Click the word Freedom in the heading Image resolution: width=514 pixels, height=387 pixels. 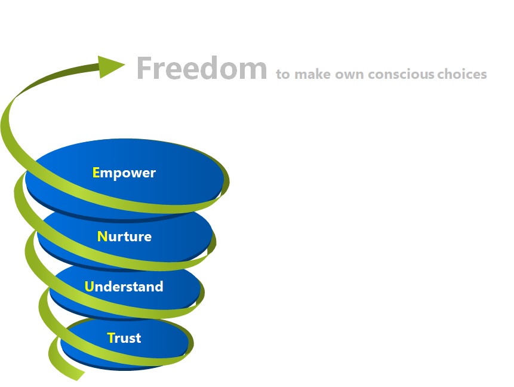click(201, 69)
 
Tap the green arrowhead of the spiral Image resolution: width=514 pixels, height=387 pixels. click(111, 66)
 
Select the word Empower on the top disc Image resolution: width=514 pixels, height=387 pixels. click(124, 173)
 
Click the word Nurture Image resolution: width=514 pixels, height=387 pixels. click(124, 236)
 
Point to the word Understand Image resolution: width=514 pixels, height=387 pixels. click(124, 287)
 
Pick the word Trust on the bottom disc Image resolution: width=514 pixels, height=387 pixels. click(124, 338)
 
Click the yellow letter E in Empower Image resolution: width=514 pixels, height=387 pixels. click(96, 173)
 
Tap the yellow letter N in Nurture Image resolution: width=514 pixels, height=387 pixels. click(101, 236)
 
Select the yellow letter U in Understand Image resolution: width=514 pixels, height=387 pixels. click(90, 287)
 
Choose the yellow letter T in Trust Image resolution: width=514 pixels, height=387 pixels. click(110, 338)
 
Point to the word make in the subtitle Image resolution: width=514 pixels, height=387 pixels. click(310, 75)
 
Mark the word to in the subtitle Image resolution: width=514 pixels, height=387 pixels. click(282, 75)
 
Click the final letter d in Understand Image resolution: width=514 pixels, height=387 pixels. click(159, 287)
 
